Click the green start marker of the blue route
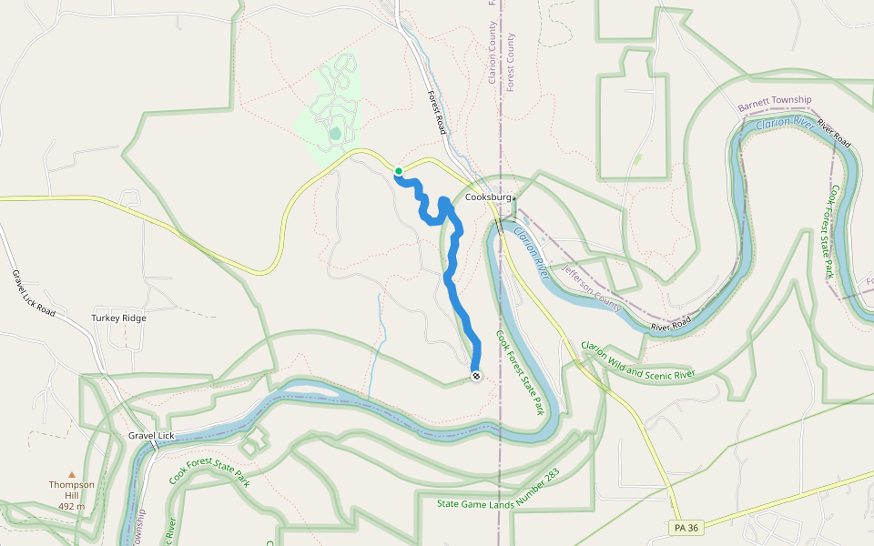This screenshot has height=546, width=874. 399,171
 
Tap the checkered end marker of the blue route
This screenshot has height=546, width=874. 475,376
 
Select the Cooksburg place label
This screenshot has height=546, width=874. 488,197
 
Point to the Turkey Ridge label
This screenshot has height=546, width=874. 118,318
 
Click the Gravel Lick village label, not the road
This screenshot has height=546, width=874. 150,437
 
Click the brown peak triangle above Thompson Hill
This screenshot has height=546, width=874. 72,474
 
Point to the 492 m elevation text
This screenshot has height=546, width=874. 72,506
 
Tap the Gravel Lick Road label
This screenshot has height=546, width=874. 35,293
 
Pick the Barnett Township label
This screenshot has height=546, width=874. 775,106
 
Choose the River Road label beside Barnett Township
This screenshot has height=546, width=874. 834,135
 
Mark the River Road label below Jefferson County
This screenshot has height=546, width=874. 671,321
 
